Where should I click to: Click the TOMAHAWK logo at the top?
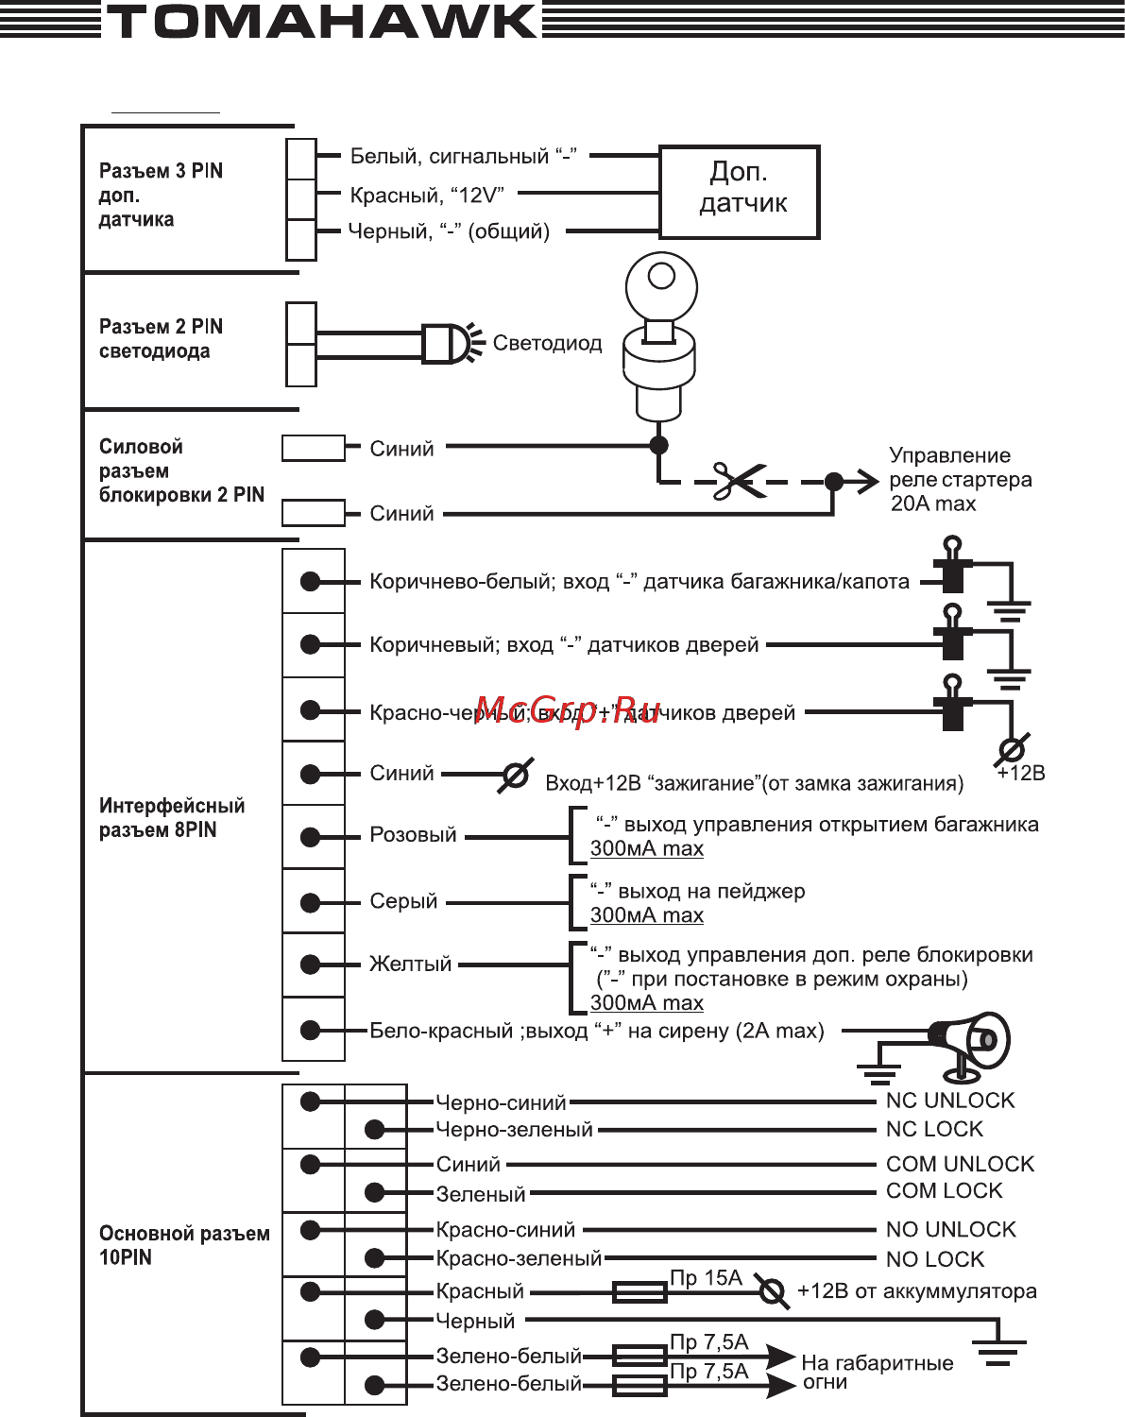tap(321, 22)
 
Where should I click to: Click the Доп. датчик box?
tap(740, 191)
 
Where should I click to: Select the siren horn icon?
tap(969, 1044)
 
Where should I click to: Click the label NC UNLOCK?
tap(949, 1101)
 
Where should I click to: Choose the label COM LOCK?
tap(944, 1190)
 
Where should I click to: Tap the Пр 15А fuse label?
tap(706, 1278)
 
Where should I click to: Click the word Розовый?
tap(413, 835)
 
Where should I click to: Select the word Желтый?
tap(410, 965)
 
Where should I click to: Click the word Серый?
tap(403, 901)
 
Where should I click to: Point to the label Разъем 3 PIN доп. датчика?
tap(161, 195)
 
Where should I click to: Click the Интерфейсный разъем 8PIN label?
tap(171, 817)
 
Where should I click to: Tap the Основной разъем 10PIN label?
tap(183, 1245)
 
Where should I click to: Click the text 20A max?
tap(932, 504)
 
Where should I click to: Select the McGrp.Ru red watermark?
tap(567, 709)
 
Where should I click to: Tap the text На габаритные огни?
tap(876, 1372)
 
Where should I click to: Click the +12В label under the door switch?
tap(1020, 773)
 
